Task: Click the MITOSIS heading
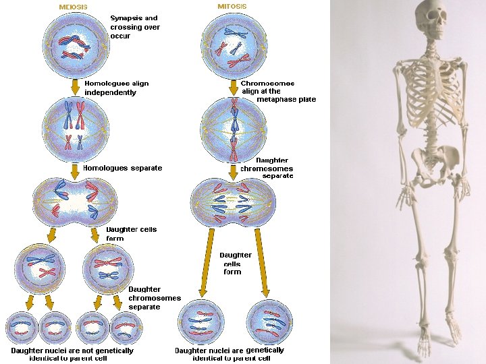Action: [232, 6]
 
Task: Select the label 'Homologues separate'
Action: [122, 168]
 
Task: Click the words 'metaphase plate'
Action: [286, 100]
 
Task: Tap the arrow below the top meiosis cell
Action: [75, 87]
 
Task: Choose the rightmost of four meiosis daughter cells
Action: [126, 328]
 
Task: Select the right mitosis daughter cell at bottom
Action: [270, 322]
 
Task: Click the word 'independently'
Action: [110, 92]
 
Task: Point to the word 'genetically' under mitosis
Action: [265, 351]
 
